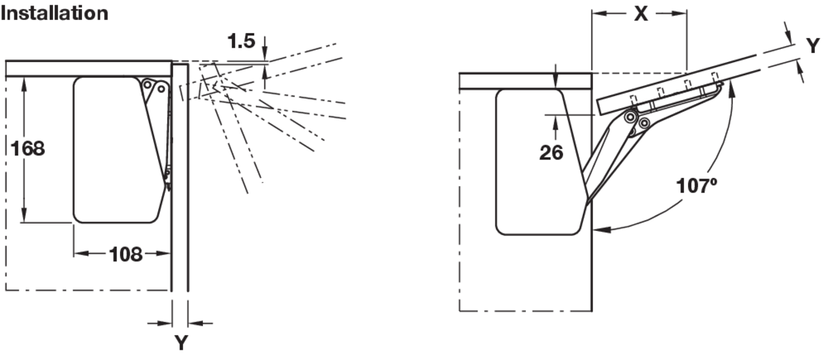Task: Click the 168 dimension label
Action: click(x=26, y=148)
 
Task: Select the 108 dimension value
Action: click(x=125, y=254)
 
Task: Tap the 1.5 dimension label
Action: click(x=241, y=41)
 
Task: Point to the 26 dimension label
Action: click(x=551, y=151)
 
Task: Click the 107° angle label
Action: click(x=697, y=186)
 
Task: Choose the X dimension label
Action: click(x=641, y=13)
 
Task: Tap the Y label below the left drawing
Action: click(x=181, y=342)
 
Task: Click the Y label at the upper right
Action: click(x=813, y=46)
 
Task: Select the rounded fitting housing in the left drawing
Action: click(x=114, y=150)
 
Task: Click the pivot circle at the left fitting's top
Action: click(x=161, y=87)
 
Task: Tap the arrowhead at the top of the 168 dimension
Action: click(x=26, y=82)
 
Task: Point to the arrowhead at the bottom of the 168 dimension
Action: click(x=26, y=217)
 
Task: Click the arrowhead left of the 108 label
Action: click(x=78, y=254)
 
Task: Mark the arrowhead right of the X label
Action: click(x=683, y=13)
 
